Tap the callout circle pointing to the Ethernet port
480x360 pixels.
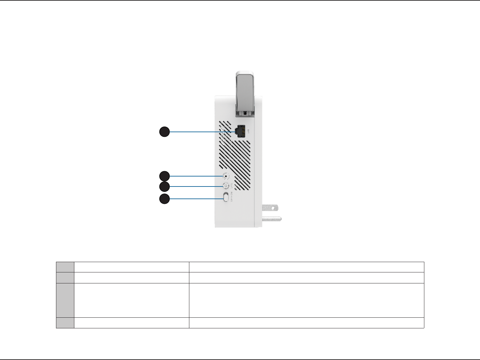pos(164,132)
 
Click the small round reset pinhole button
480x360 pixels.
pos(227,176)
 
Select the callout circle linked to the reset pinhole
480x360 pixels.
pos(164,176)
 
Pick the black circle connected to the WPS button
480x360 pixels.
pos(164,186)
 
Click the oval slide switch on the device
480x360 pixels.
pos(226,197)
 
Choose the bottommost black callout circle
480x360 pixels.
pos(164,199)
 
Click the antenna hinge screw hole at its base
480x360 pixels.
pos(245,113)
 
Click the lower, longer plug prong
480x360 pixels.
pos(272,219)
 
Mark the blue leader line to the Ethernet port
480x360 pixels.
pos(200,132)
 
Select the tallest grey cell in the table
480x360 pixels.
pos(65,300)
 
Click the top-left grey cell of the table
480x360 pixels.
pos(65,267)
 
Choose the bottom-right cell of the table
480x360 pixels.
pos(306,323)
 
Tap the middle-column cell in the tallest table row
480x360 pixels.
pos(131,300)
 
